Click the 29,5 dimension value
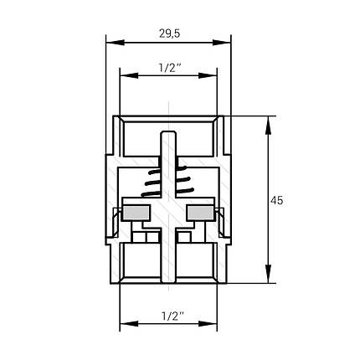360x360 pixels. [x=170, y=33]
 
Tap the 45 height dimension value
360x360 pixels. [x=276, y=200]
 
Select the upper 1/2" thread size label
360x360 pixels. [x=170, y=68]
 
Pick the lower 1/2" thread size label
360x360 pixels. [x=172, y=316]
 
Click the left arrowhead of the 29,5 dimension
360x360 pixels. [x=115, y=43]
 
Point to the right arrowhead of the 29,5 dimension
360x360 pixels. [x=222, y=43]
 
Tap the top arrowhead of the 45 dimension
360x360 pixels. [x=268, y=125]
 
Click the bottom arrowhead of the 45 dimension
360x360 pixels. [x=268, y=274]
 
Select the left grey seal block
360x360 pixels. [x=136, y=213]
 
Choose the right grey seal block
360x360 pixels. [x=200, y=213]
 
